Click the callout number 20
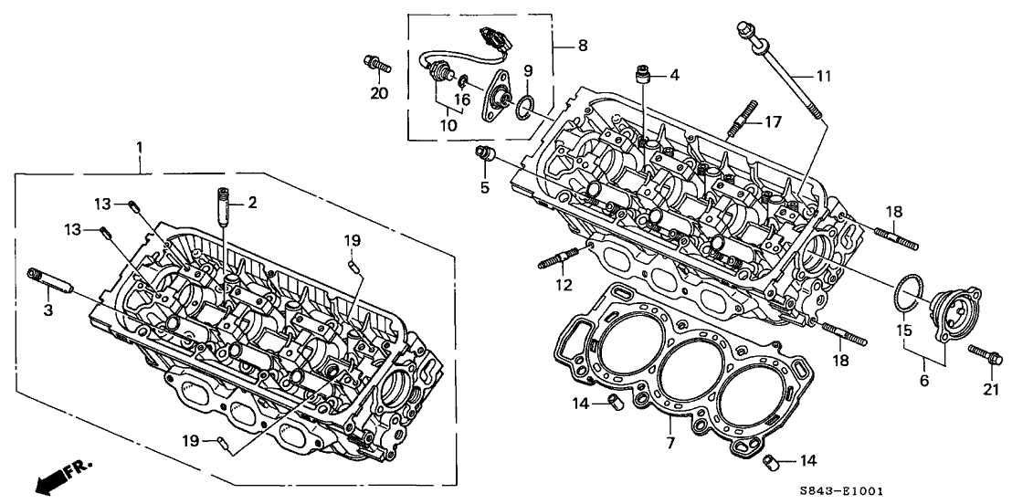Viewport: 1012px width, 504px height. click(378, 92)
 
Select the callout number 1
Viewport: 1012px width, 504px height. click(140, 147)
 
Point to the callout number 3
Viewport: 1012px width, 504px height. click(47, 311)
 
